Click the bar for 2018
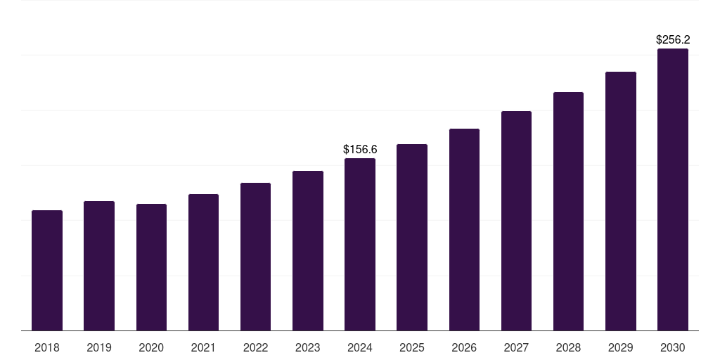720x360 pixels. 47,271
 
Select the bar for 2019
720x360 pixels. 99,266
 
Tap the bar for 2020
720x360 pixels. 151,267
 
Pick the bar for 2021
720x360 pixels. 203,262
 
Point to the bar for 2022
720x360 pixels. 255,257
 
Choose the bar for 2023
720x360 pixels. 308,250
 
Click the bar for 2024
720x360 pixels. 360,244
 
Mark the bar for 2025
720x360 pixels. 412,237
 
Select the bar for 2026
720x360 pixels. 464,229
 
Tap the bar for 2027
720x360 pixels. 516,221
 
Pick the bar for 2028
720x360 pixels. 568,211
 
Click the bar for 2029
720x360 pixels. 621,201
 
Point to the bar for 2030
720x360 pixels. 673,190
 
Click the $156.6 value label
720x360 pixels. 360,149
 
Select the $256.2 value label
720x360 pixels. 673,40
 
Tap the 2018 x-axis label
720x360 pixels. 47,347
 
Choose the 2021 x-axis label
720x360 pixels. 203,347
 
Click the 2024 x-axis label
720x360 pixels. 360,347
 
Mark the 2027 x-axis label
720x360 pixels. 516,347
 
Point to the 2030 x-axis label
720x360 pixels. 673,347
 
